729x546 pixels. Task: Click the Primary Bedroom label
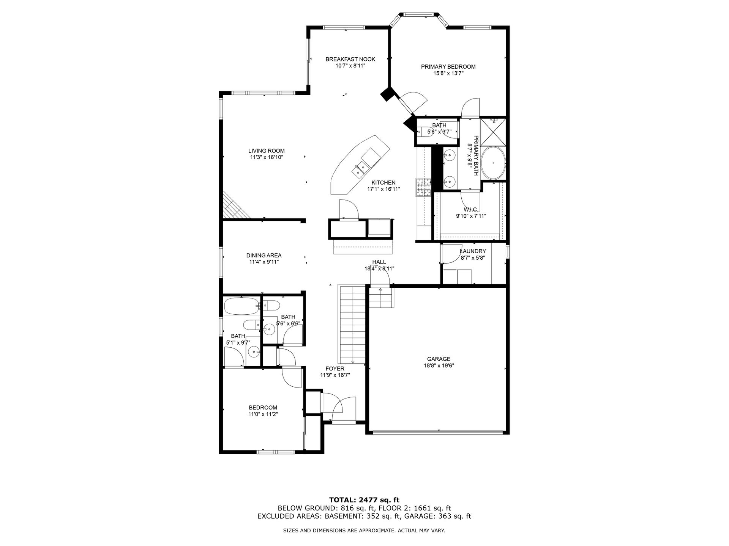click(448, 67)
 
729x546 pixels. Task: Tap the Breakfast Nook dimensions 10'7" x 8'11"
click(350, 66)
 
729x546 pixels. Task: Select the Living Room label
click(266, 151)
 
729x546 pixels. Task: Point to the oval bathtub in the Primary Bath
click(493, 163)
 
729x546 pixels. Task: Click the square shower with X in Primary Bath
click(493, 132)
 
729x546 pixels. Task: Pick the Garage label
click(439, 359)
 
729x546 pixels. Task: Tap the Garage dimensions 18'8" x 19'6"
click(439, 366)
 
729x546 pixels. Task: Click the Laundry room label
click(473, 251)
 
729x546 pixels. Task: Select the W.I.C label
click(471, 210)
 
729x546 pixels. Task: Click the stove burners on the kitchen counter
click(424, 187)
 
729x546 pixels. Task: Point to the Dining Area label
click(264, 256)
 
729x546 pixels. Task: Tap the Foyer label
click(335, 369)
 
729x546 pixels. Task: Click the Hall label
click(379, 262)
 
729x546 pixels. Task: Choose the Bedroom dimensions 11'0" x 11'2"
click(263, 414)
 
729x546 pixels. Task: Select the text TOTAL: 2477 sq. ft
click(364, 500)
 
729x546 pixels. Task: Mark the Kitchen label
click(383, 183)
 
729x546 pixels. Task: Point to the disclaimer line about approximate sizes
click(364, 531)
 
